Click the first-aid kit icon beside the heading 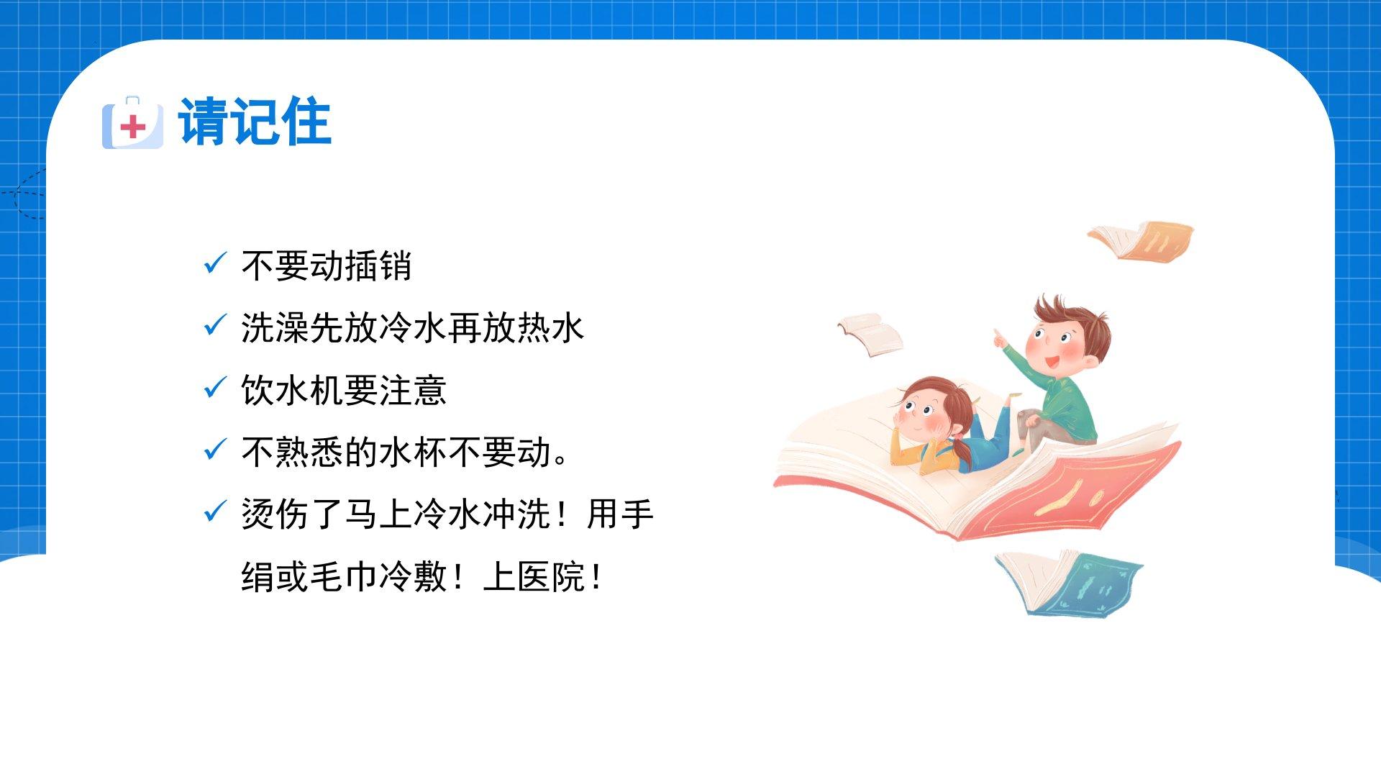click(132, 123)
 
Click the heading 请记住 click(255, 122)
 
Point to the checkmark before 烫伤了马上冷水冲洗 click(216, 512)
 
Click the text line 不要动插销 click(327, 265)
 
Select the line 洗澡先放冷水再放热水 click(413, 327)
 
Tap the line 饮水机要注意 click(344, 390)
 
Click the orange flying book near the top click(1141, 241)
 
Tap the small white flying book click(871, 333)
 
